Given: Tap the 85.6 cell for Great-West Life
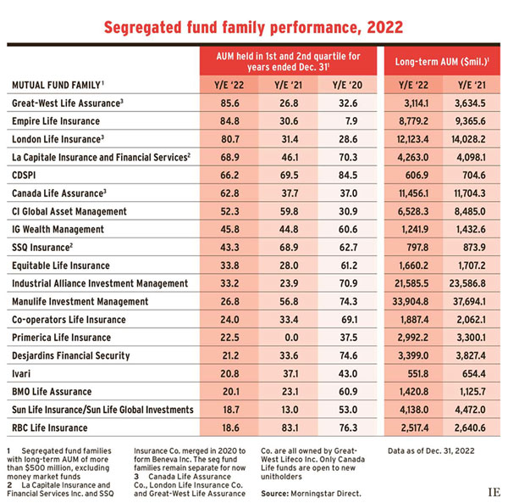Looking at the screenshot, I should point(227,103).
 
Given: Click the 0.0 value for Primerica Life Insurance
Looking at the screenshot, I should point(286,337).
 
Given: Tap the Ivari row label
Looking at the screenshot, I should point(22,372).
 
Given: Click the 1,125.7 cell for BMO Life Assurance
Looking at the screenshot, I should point(472,391).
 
